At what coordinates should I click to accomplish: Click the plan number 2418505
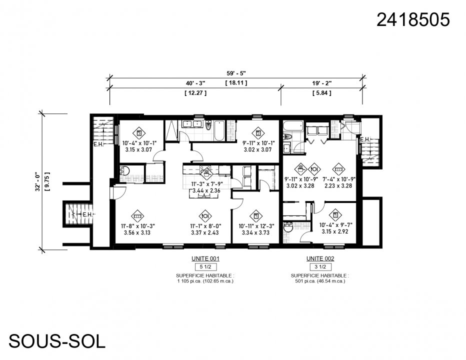(413, 19)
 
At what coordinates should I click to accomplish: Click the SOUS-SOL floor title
(57, 341)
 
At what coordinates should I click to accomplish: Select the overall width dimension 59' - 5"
(236, 72)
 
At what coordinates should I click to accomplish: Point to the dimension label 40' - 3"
(195, 83)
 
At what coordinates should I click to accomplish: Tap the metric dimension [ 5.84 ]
(321, 93)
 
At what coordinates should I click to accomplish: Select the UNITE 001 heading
(205, 258)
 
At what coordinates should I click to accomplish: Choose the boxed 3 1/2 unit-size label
(320, 267)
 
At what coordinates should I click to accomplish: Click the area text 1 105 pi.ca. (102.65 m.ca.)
(205, 281)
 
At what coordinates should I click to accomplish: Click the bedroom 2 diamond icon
(257, 133)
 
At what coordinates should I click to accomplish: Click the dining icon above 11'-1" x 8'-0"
(204, 216)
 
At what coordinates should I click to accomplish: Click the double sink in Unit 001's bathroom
(192, 124)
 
